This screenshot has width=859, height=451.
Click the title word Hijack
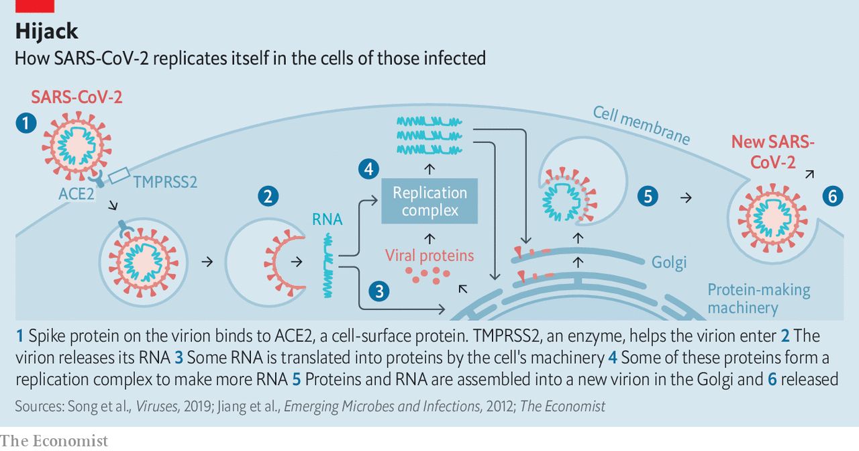46,31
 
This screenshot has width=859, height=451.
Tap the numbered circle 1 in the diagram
26,123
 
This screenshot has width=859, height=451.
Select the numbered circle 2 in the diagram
268,197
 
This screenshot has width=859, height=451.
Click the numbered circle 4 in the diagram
368,168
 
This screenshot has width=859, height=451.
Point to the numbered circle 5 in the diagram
648,197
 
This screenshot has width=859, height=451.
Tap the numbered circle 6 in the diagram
832,197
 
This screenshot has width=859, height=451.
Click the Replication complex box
429,201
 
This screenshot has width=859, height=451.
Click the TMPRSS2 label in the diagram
165,182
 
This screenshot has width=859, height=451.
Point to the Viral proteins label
429,256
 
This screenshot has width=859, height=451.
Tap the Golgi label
669,262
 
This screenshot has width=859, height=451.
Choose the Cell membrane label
641,125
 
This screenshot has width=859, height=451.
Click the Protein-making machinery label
759,299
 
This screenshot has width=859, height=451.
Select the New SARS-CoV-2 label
772,152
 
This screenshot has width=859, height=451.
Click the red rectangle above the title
35,6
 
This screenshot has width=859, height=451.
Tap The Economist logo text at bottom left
54,441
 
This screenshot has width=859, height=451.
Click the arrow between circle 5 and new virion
685,197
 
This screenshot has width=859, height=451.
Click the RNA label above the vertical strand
327,219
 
